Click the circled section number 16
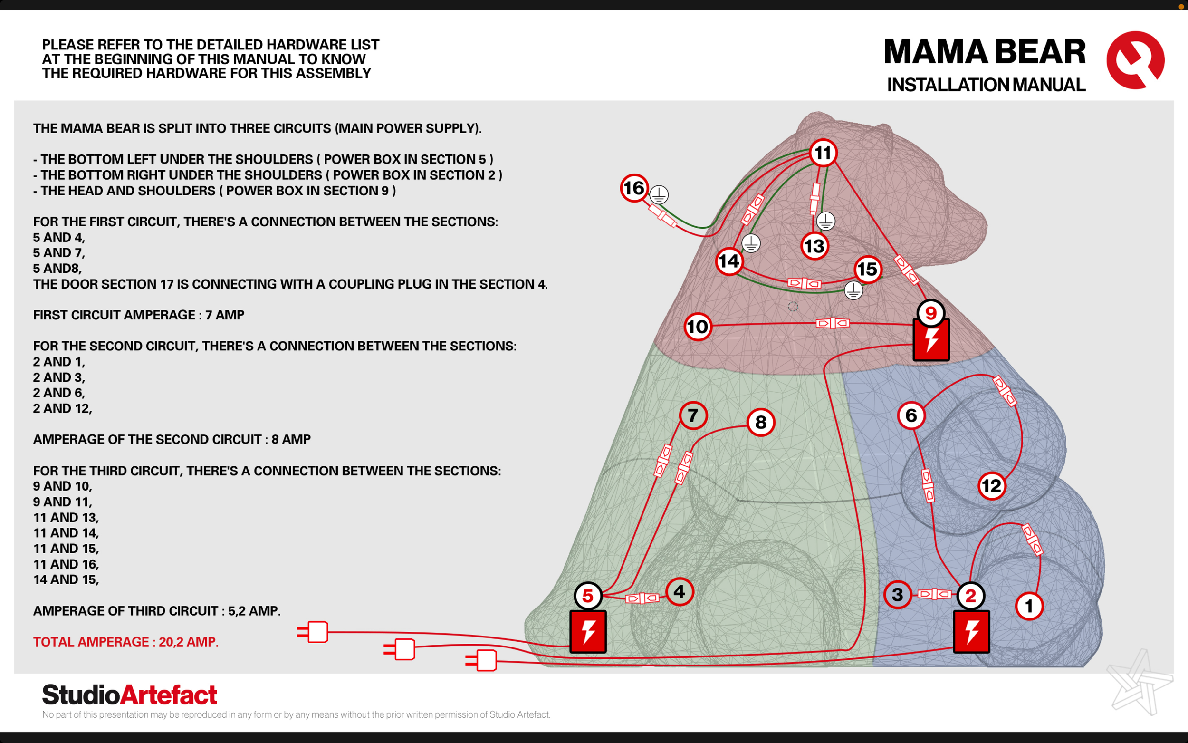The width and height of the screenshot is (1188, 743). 633,188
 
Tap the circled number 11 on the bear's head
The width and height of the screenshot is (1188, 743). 823,153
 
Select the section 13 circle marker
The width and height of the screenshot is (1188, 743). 814,246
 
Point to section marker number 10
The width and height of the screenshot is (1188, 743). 698,327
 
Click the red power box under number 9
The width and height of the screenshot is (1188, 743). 930,340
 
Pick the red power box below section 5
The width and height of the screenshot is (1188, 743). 588,631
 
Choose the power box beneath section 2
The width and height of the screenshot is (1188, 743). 971,631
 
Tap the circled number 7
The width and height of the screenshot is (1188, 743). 693,415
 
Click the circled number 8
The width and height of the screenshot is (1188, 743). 761,422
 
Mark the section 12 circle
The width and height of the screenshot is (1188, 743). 992,486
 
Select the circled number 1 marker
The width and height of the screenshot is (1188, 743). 1029,606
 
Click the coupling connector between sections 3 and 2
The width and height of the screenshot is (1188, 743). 935,595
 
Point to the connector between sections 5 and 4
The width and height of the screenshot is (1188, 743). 642,598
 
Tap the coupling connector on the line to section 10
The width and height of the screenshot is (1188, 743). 833,323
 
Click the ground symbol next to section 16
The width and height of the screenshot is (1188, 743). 659,194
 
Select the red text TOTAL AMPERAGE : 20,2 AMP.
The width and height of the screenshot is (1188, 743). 126,642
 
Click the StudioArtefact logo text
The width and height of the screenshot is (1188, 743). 130,695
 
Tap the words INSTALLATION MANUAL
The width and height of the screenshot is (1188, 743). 986,85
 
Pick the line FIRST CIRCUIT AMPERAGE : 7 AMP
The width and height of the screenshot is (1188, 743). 138,315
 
